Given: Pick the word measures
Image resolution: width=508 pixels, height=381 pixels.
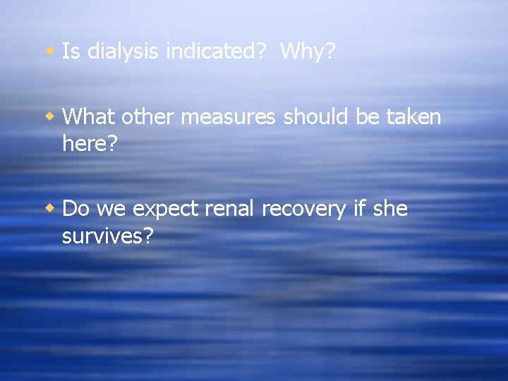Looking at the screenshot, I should point(228,116).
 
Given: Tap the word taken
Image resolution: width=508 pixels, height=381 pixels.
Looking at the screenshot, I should point(413,116).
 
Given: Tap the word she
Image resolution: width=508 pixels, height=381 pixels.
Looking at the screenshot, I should point(391,209).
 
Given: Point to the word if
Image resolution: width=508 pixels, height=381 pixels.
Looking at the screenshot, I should point(362,209).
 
